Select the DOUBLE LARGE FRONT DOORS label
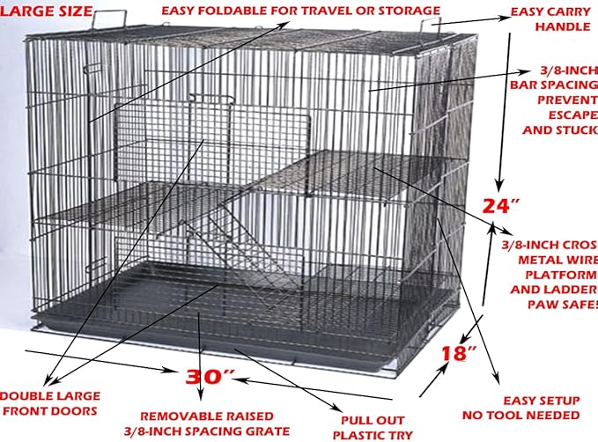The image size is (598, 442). click(x=50, y=403)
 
